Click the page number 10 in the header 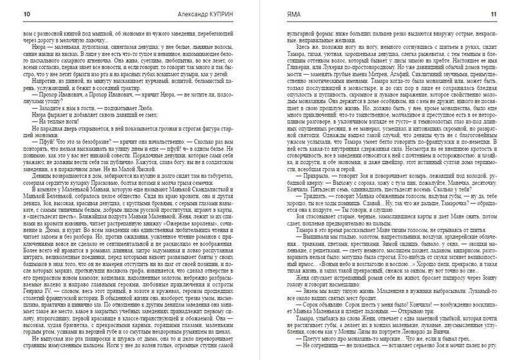8,13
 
